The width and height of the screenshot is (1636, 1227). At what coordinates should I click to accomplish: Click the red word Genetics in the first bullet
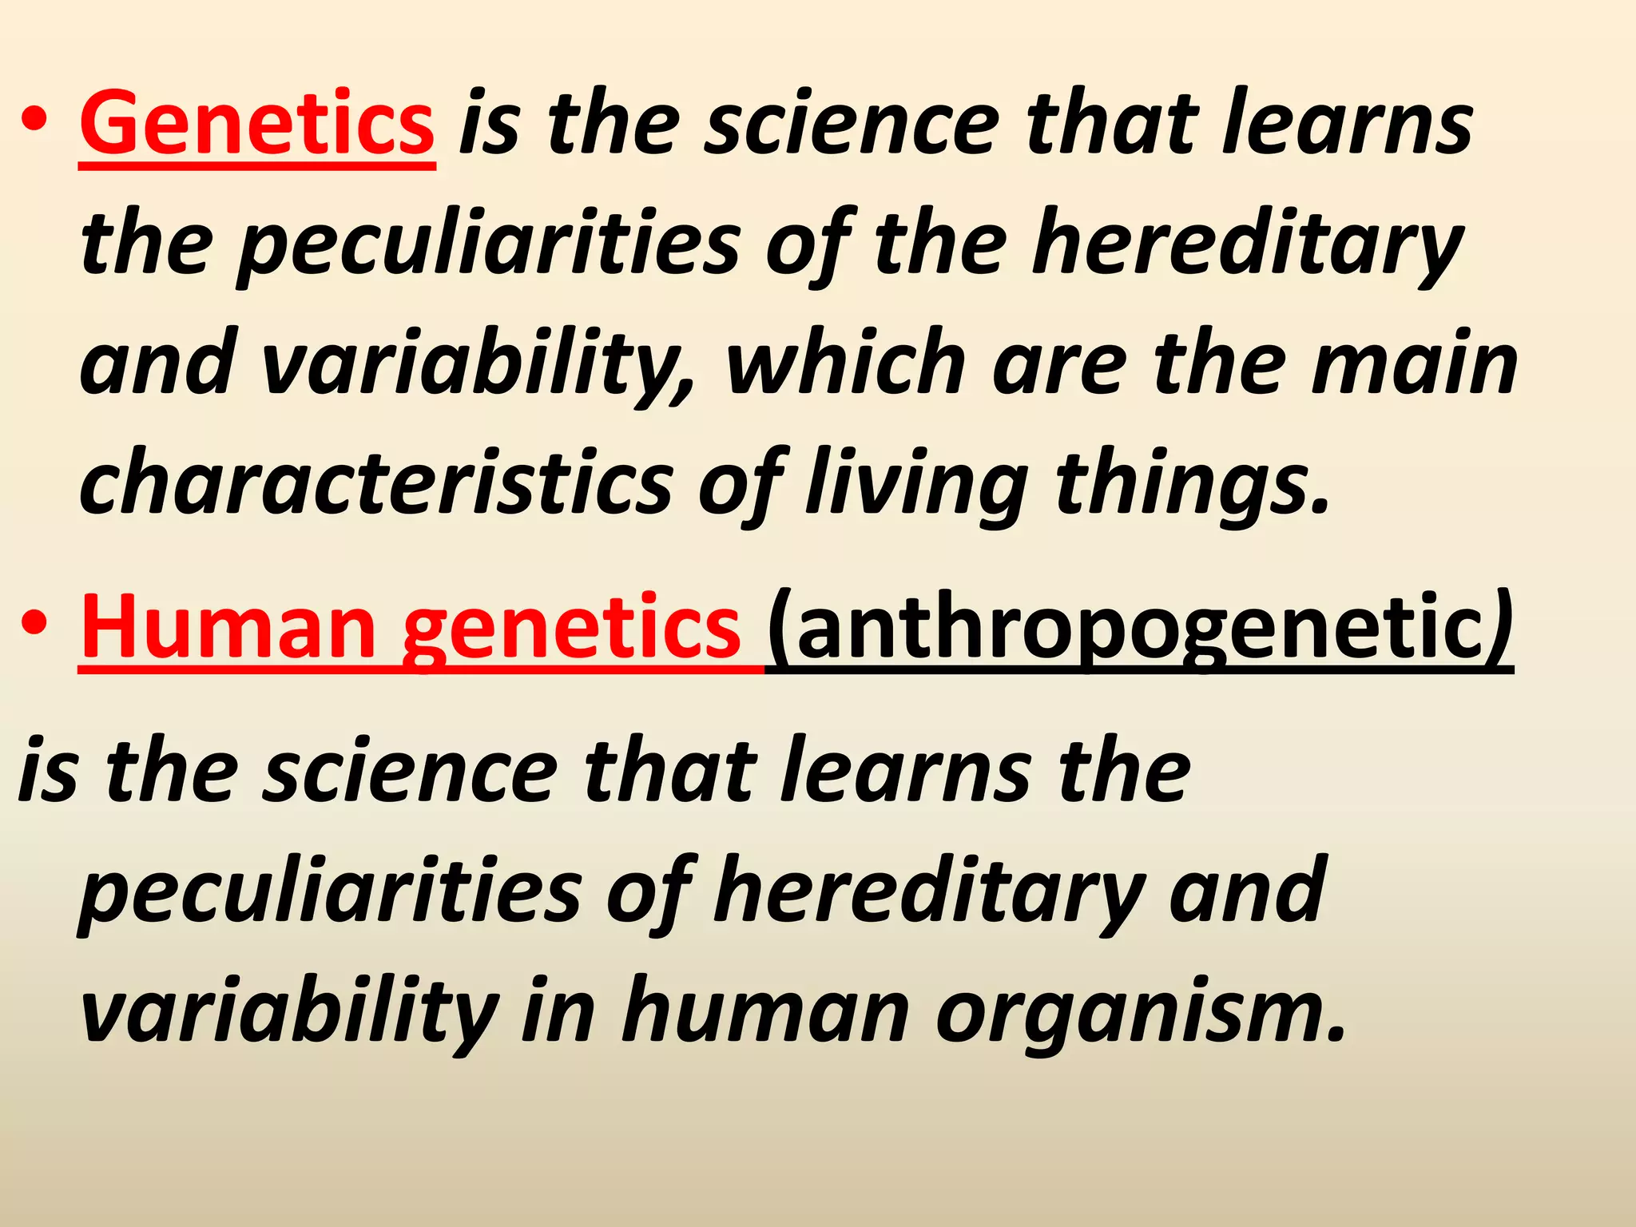point(257,124)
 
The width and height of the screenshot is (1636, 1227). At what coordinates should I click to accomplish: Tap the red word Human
point(228,628)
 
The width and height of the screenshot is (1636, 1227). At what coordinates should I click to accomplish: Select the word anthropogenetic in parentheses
point(1138,628)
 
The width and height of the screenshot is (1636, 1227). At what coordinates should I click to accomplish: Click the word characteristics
point(376,484)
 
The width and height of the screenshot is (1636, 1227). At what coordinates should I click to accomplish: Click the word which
point(846,364)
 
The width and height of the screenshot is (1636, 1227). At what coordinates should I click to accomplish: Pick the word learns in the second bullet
point(907,771)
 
